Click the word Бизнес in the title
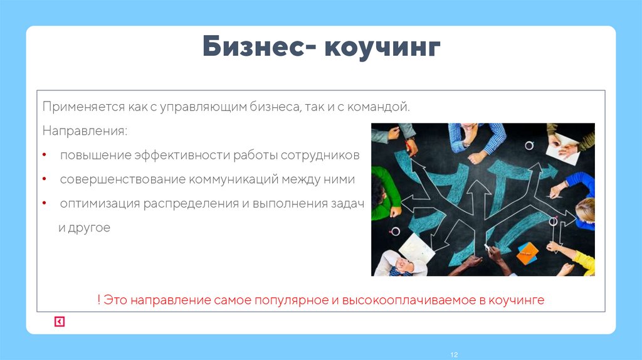pos(254,48)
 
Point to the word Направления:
pos(84,131)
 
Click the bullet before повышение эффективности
pos(44,155)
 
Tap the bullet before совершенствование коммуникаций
pos(44,179)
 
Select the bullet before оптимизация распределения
pos(44,204)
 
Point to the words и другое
pos(84,228)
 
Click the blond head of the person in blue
pos(584,207)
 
